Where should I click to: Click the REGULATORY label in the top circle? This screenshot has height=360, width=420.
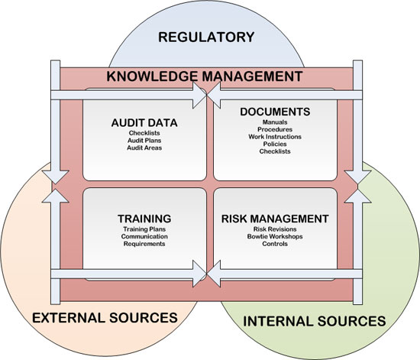[206, 37]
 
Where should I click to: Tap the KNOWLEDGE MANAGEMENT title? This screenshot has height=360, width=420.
[205, 76]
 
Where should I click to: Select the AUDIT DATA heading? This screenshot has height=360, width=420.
[144, 123]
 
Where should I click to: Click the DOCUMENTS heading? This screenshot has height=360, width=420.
[275, 112]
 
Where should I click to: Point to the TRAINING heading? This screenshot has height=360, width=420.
[144, 219]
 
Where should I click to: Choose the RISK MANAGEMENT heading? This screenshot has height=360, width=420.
[275, 219]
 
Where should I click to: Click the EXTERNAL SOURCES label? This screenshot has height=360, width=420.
[105, 318]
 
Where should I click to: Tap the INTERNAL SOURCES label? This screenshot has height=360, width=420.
[314, 321]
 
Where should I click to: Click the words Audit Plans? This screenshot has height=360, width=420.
[144, 141]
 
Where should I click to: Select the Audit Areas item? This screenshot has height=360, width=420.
[144, 148]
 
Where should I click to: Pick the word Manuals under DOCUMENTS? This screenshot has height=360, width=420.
[275, 122]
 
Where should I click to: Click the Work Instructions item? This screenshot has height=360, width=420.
[275, 137]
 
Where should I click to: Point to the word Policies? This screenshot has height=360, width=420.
[275, 144]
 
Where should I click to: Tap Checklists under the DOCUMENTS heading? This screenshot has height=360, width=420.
[275, 151]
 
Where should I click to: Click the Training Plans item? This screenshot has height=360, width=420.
[144, 229]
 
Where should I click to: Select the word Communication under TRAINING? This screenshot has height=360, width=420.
[144, 236]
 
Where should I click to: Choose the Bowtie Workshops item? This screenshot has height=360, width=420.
[275, 236]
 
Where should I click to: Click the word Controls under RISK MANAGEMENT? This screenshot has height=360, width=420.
[275, 244]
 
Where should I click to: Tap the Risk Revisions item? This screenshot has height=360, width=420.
[275, 229]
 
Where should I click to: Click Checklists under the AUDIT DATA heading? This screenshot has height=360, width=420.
[144, 133]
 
